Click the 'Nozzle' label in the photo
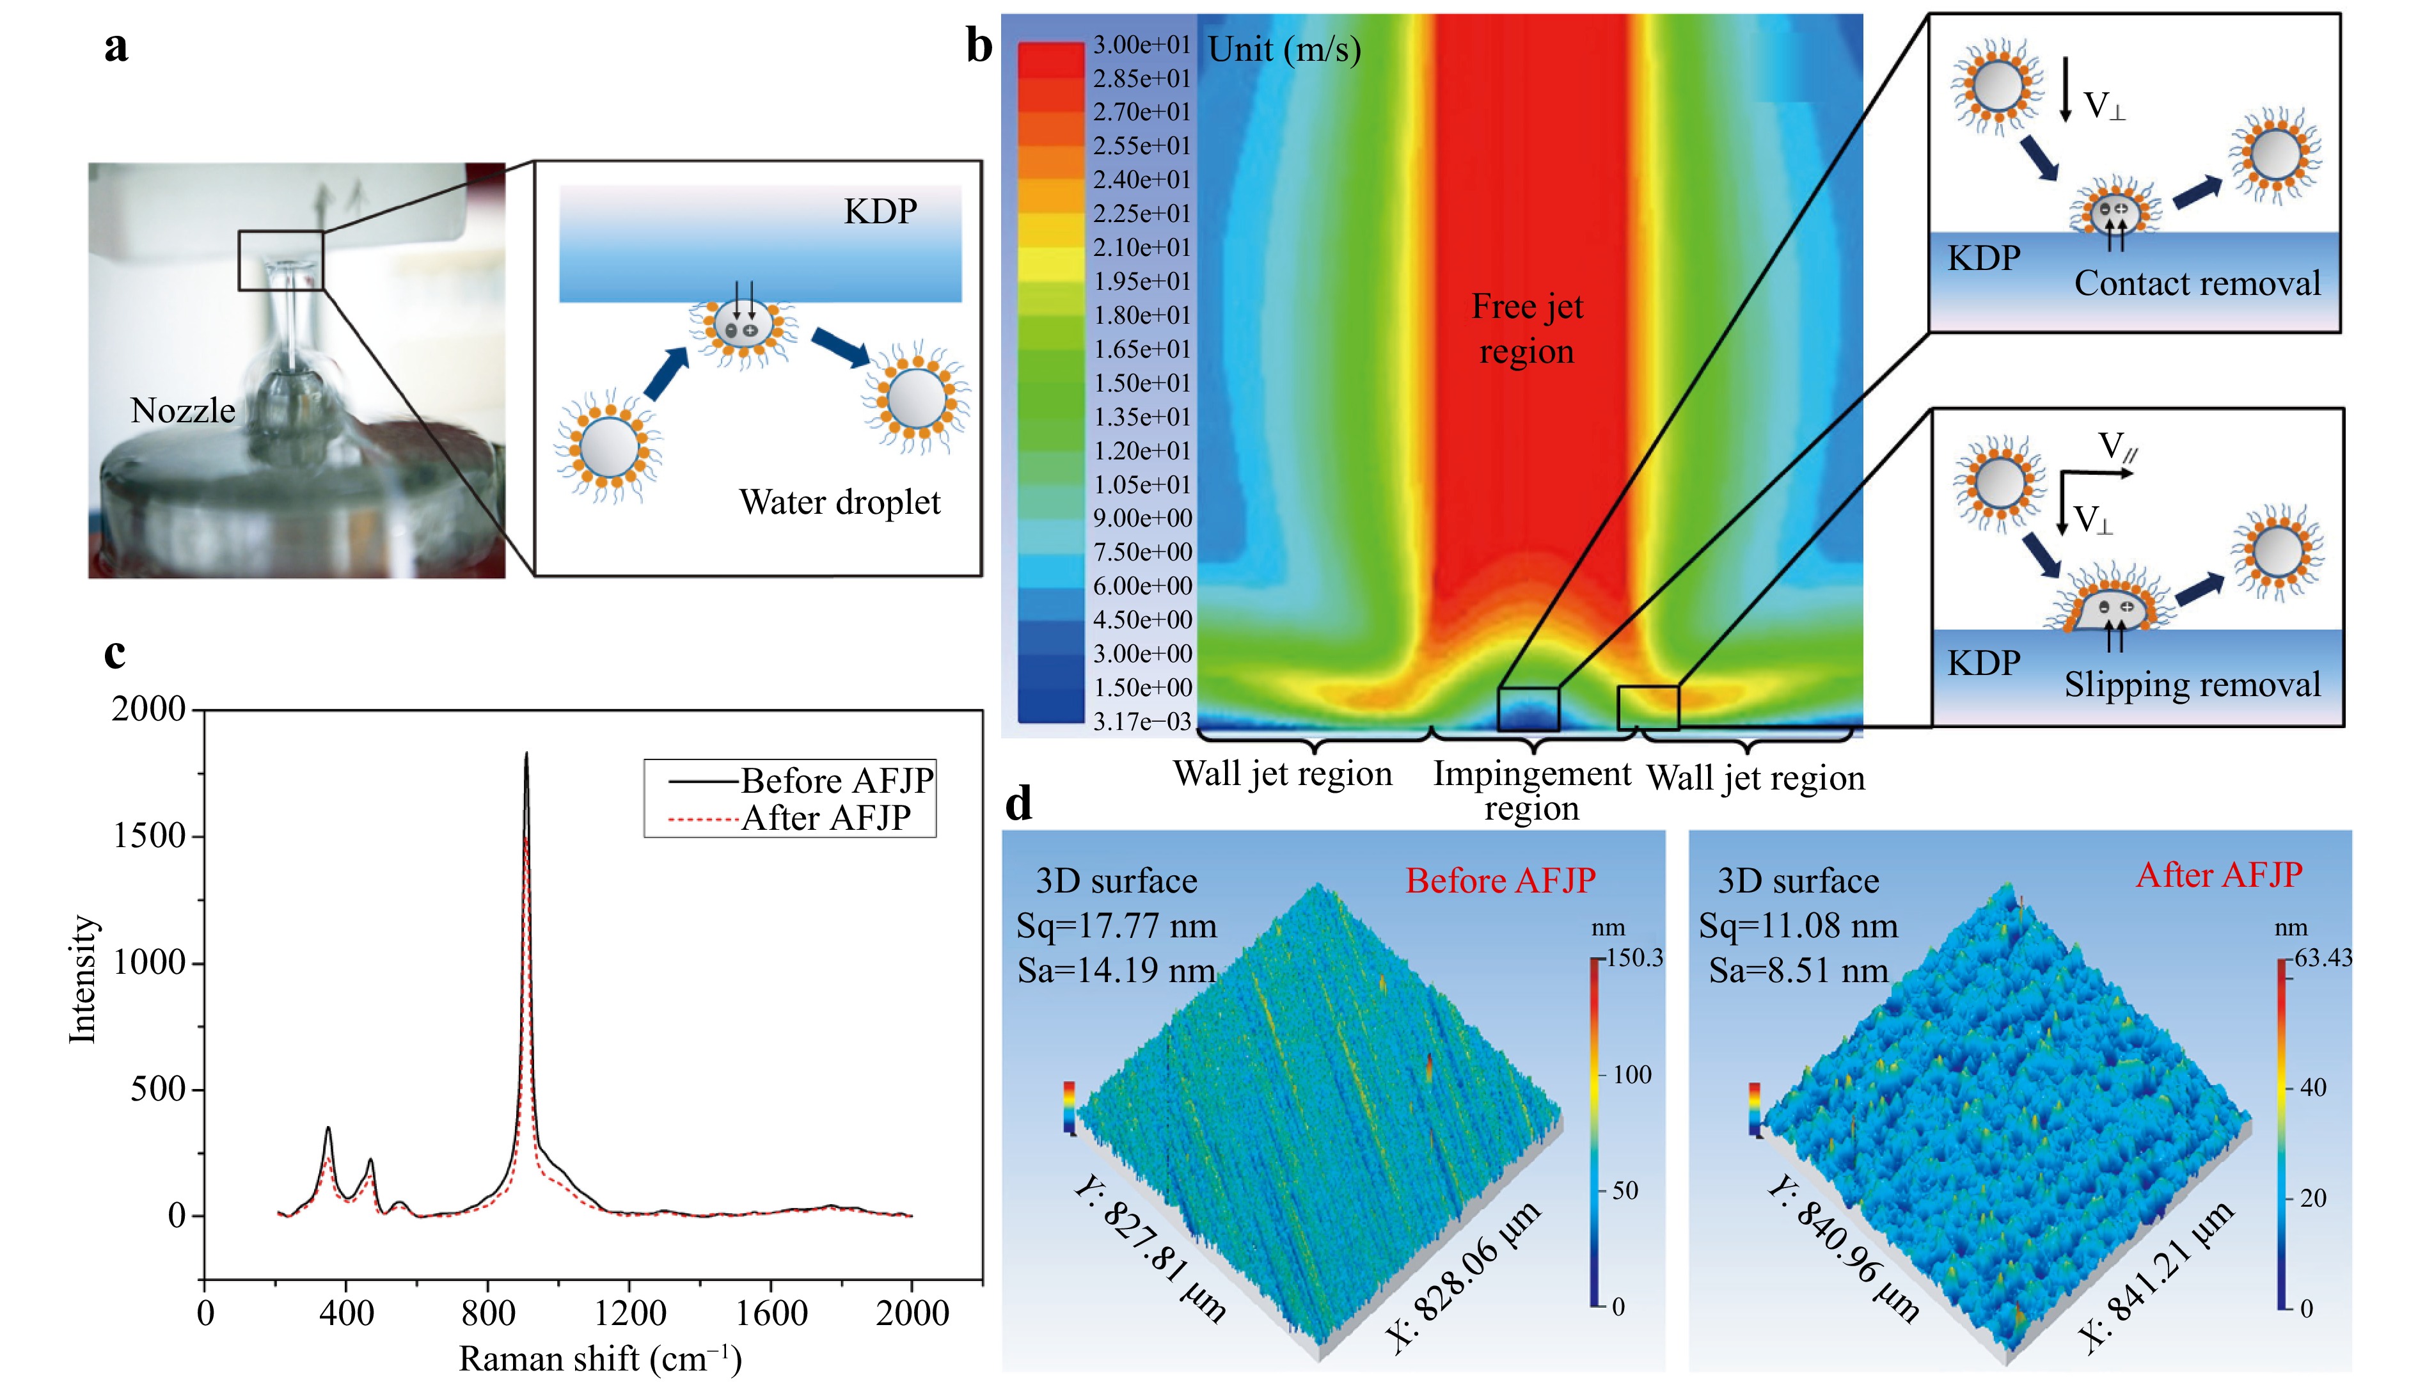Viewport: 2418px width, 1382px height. point(182,411)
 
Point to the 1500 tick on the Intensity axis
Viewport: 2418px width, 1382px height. point(149,836)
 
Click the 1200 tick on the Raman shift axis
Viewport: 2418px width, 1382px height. point(629,1313)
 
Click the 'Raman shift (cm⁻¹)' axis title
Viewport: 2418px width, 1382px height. point(600,1359)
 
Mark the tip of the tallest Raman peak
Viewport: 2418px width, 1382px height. point(526,754)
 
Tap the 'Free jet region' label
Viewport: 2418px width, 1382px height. point(1527,328)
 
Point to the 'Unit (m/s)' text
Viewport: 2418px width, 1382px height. point(1284,49)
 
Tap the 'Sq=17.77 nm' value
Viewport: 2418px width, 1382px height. point(1116,925)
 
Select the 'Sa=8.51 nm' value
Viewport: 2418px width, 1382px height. point(1798,970)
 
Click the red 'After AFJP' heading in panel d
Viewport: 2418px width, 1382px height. point(2218,875)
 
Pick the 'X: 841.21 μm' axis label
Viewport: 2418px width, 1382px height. point(2156,1276)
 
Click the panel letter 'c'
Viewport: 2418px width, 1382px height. point(115,654)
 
